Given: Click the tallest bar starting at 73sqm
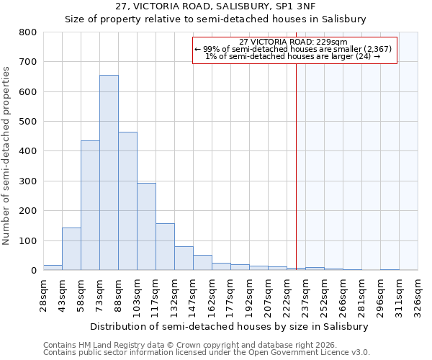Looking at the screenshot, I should pos(109,173).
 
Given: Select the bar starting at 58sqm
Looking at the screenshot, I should pos(90,205).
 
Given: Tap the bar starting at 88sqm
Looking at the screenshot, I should pos(127,201).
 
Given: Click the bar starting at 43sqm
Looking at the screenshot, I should pos(71,249).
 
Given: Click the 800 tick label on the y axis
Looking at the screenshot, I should pos(28,32).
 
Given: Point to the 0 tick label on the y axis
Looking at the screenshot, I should pos(33,271).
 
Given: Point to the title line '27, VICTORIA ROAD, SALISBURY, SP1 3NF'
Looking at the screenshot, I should pos(215,6).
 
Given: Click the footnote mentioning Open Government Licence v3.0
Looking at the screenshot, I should pos(206,352).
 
